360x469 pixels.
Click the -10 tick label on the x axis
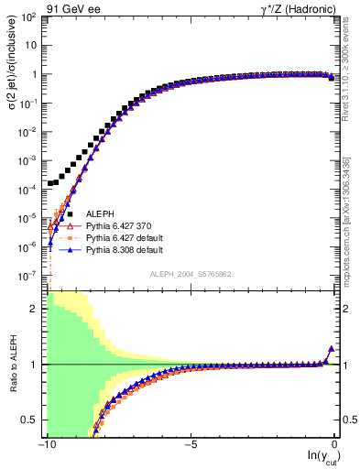[47, 444]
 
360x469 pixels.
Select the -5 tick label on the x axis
[191, 444]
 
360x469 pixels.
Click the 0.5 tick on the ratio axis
[30, 420]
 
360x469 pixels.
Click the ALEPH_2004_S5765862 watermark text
[191, 274]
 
